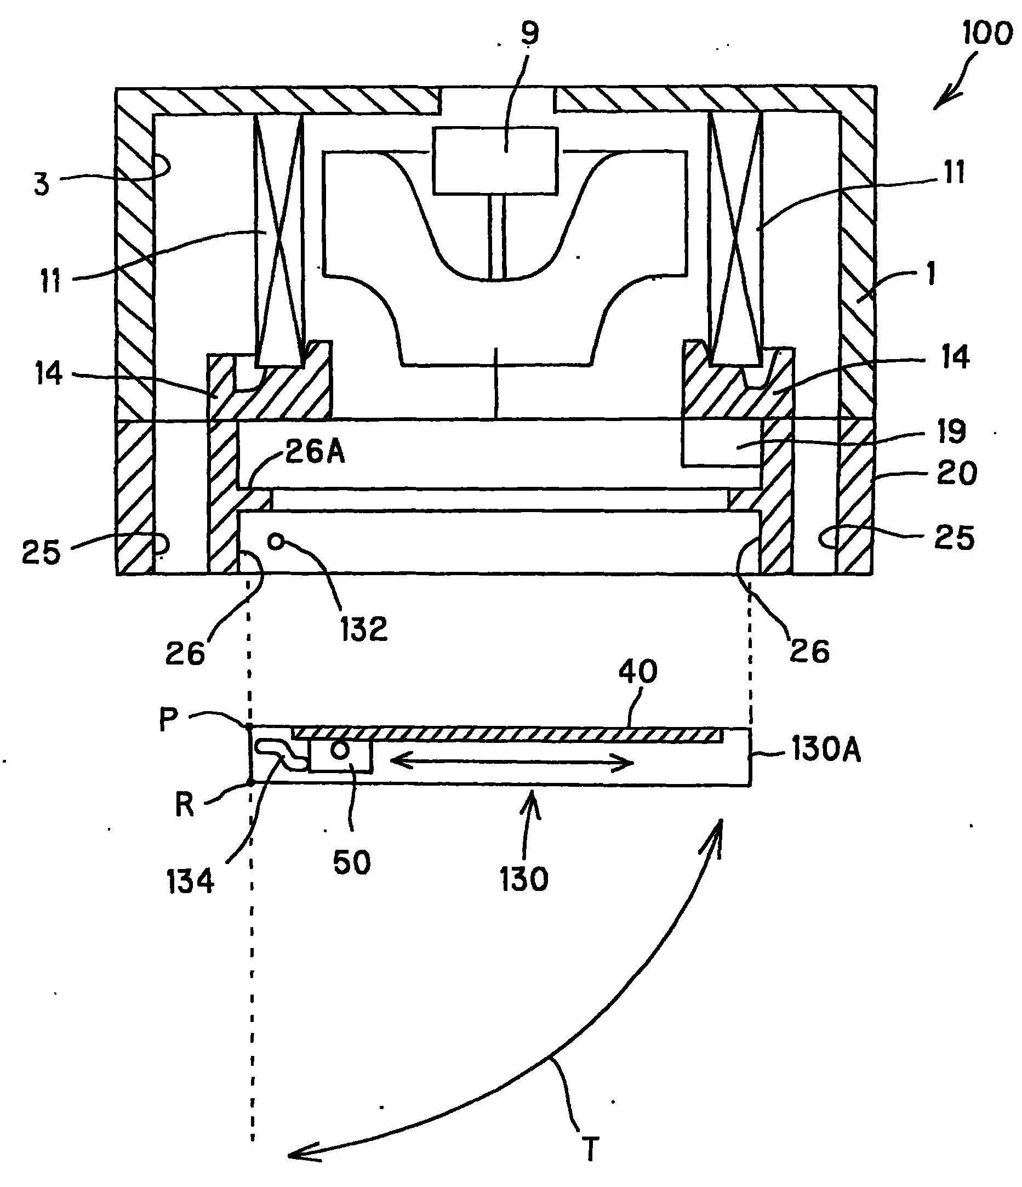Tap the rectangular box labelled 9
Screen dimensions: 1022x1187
[495, 160]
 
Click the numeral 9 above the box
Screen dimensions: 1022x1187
[529, 33]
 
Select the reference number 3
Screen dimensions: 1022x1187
[42, 184]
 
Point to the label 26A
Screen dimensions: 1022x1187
[315, 452]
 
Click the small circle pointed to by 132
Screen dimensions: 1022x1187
[276, 541]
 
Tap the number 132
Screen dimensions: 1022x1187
[364, 628]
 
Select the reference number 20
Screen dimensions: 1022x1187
[957, 473]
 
